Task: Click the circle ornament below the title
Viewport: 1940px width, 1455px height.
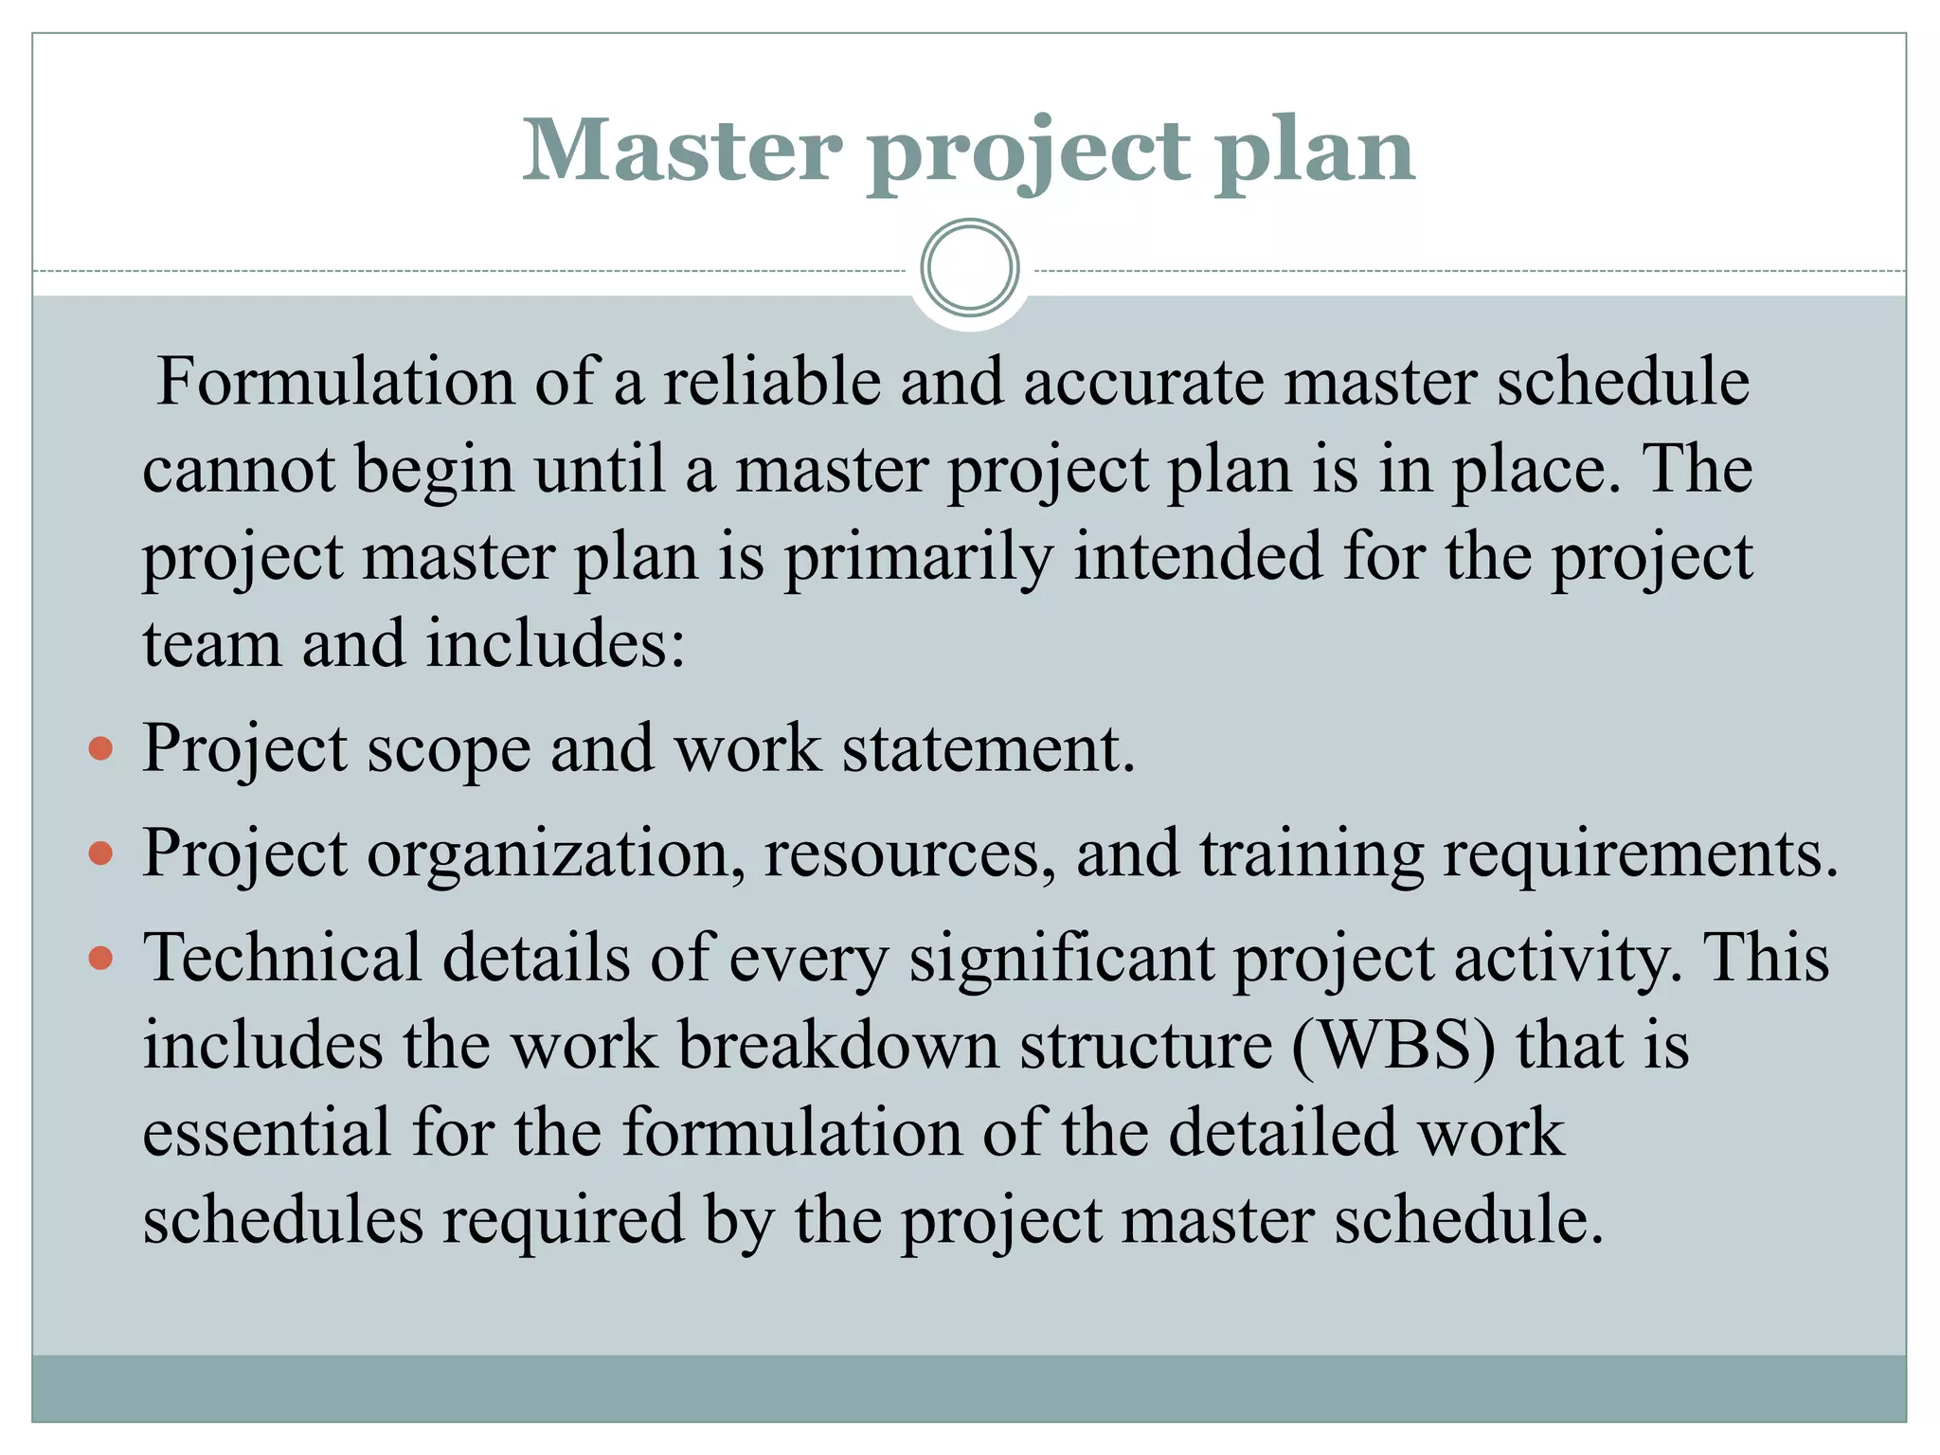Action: coord(969,268)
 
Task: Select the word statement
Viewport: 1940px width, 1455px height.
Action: coord(988,749)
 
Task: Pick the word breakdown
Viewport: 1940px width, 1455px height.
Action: coord(838,1046)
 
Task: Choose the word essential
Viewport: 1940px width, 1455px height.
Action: coord(266,1133)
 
